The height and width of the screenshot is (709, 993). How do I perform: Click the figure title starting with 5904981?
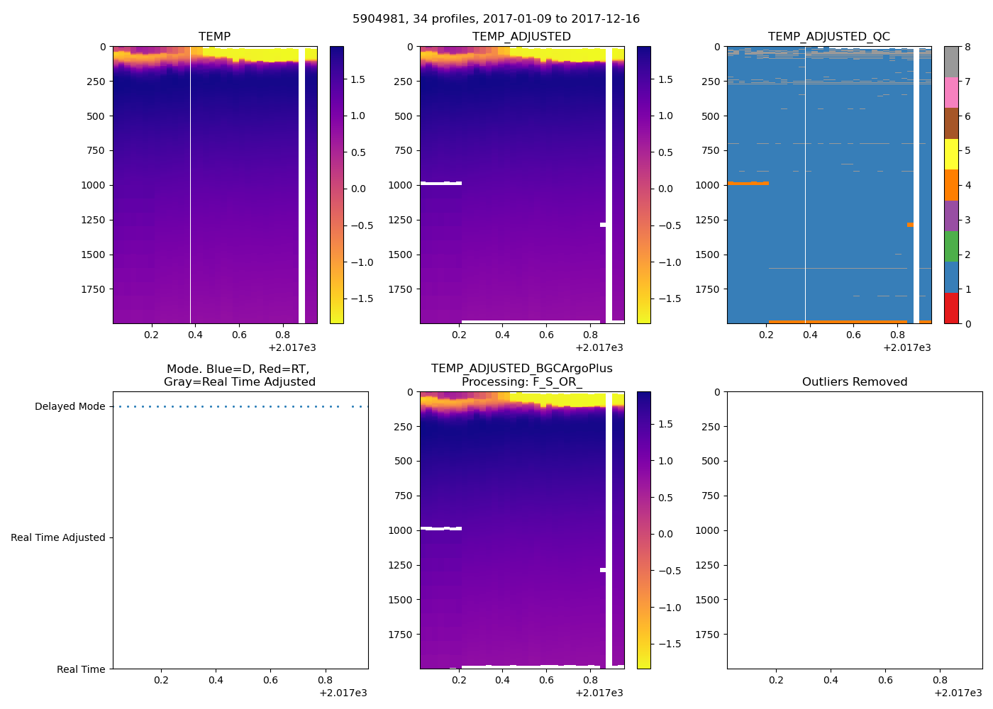496,19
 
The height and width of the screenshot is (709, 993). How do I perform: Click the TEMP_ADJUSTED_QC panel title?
828,37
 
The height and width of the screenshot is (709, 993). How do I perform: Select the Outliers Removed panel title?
854,382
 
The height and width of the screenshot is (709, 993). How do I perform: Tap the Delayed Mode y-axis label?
70,407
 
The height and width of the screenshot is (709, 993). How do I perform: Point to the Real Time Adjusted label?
58,538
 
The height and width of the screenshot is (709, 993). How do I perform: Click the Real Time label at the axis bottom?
81,669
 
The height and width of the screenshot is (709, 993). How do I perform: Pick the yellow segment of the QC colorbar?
951,155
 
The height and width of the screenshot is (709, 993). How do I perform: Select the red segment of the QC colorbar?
951,308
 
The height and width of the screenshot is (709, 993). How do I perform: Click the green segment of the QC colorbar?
951,247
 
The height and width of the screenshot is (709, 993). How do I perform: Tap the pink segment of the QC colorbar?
951,93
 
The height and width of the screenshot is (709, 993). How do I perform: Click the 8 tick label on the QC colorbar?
967,48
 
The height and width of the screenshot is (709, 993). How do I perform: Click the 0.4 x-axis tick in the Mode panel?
216,681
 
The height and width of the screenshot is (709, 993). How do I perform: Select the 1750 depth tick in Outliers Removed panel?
708,635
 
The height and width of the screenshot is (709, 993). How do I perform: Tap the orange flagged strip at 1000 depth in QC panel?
748,184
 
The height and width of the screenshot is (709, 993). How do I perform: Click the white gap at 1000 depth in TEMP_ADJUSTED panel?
440,184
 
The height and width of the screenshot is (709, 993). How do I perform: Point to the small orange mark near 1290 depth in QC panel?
910,225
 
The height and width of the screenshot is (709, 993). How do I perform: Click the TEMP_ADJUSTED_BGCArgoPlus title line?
521,369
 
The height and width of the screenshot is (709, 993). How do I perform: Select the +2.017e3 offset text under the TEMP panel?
292,348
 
